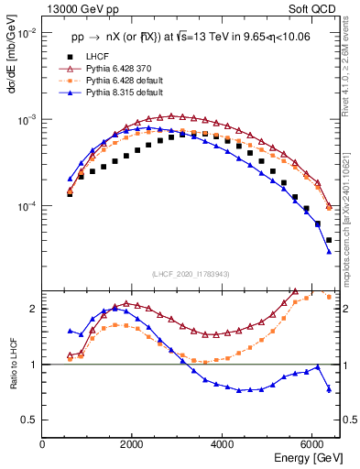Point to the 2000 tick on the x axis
coord(133,444)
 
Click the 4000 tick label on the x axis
coord(223,444)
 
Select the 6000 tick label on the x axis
coord(312,444)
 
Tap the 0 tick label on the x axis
coord(43,444)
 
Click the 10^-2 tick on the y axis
coord(27,33)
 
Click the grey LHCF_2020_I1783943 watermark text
coord(190,274)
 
